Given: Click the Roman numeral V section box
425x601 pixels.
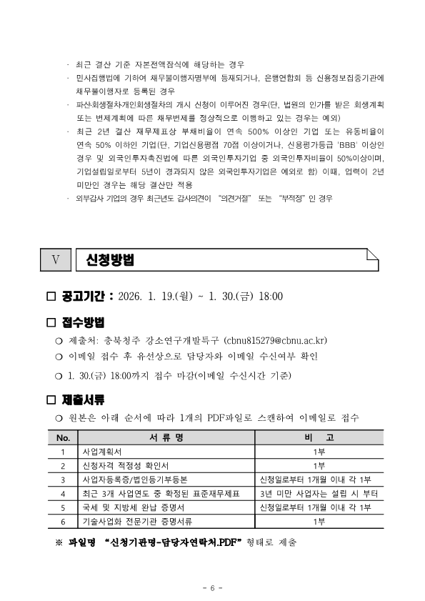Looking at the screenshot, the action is (x=56, y=259).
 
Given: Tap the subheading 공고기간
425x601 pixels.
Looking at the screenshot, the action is (x=85, y=296).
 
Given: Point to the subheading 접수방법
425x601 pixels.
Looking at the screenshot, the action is (x=83, y=322).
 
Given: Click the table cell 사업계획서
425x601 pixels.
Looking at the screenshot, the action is (x=102, y=452).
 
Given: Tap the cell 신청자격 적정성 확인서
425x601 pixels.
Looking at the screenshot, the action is (x=121, y=465).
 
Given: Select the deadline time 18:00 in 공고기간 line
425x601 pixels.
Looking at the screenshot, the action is (x=269, y=297).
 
